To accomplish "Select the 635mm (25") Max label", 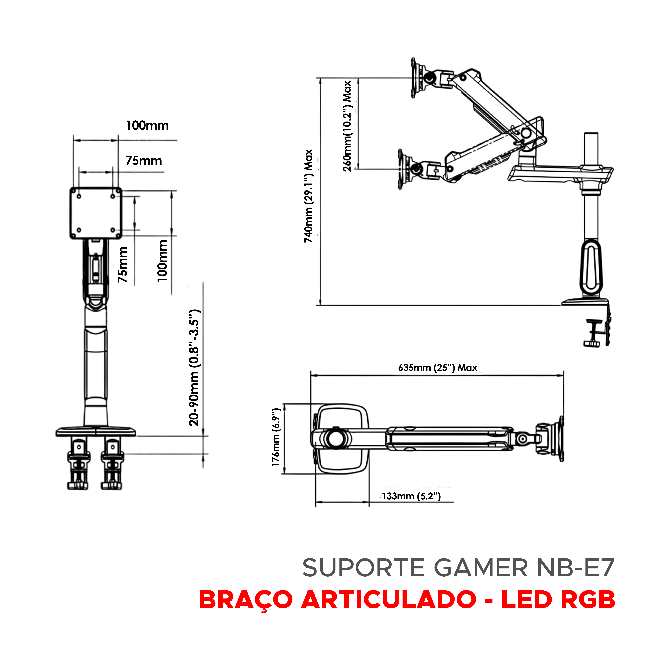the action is (438, 368).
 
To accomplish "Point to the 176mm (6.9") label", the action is (276, 437).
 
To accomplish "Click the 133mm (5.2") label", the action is (411, 496).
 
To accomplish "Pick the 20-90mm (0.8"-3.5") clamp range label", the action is (194, 368).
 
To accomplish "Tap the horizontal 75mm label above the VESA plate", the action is (144, 161).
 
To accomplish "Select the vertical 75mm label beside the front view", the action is (122, 264).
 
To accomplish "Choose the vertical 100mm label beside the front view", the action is (162, 261).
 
